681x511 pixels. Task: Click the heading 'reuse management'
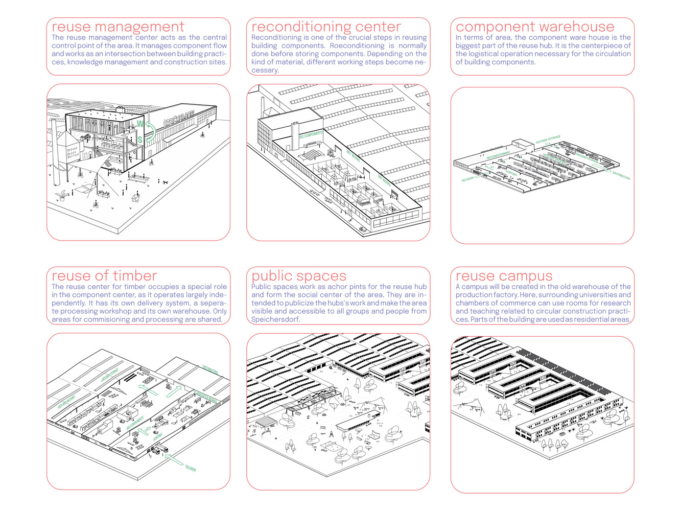(x=118, y=27)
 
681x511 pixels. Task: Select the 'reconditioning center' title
(x=326, y=27)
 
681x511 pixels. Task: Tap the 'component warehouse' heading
(x=535, y=27)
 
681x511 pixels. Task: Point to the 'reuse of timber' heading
(x=104, y=276)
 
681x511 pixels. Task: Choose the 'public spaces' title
(x=299, y=276)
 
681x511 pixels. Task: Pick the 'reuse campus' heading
(x=504, y=276)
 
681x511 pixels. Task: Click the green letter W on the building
(x=140, y=124)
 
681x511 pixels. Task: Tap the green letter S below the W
(x=140, y=140)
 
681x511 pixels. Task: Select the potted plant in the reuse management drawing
(x=63, y=196)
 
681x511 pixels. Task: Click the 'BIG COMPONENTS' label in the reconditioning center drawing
(x=311, y=135)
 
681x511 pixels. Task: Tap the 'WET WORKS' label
(x=353, y=156)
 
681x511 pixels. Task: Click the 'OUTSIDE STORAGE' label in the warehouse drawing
(x=548, y=139)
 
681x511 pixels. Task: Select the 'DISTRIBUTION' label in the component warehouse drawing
(x=621, y=175)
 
